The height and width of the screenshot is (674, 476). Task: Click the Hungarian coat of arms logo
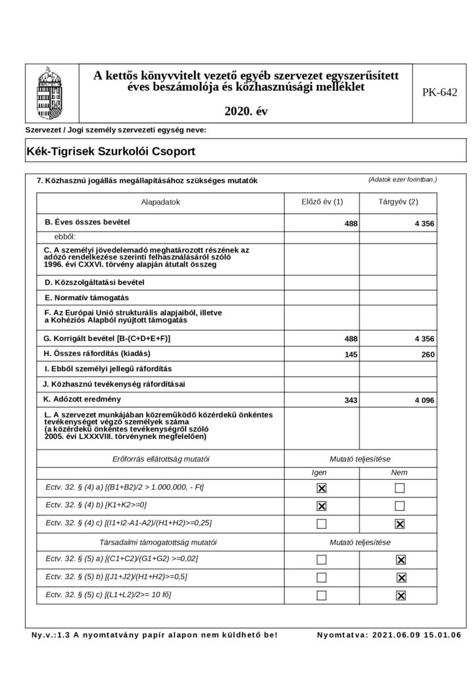point(51,92)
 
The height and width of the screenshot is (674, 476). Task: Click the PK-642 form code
point(439,93)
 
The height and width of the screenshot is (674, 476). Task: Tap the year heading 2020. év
point(246,111)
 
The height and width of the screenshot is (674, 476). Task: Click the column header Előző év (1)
point(321,202)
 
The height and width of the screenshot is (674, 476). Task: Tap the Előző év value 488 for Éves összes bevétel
point(351,224)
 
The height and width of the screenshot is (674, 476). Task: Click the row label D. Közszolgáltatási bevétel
point(93,282)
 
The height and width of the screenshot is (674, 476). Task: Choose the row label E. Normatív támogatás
point(85,298)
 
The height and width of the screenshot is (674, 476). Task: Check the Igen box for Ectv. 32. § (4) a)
point(321,488)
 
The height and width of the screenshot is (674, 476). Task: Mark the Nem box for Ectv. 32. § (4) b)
point(399,506)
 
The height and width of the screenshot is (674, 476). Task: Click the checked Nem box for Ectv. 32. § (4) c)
point(399,524)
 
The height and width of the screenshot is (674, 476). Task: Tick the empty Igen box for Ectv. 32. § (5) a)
point(321,560)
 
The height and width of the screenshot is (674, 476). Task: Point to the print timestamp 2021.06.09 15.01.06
point(389,635)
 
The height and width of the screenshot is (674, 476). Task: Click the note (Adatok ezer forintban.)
point(403,179)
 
